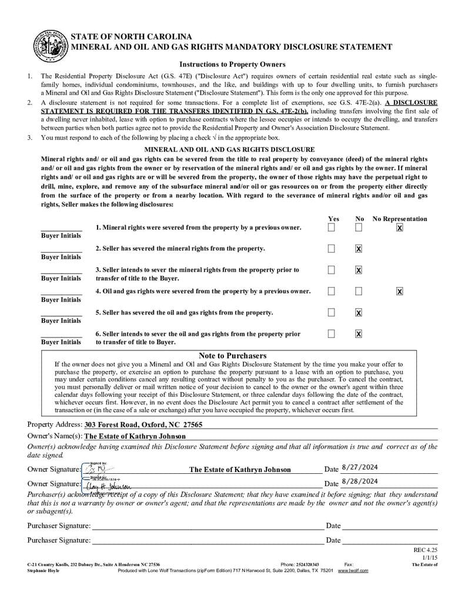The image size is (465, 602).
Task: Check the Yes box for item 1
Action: [332, 228]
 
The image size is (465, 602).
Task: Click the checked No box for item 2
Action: [359, 249]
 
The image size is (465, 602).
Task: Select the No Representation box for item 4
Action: [400, 291]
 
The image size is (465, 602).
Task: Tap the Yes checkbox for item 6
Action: [332, 334]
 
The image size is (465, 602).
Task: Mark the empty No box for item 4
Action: [359, 291]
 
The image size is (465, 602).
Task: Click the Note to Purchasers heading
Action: [232, 356]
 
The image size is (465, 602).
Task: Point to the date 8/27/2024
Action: [359, 467]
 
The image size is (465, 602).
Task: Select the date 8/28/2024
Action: [359, 481]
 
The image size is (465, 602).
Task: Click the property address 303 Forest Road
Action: [143, 424]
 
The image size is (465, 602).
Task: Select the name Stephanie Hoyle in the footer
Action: [43, 570]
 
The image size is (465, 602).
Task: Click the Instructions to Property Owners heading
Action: [232, 65]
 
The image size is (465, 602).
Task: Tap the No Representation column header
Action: [400, 219]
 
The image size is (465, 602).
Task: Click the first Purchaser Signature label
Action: [59, 526]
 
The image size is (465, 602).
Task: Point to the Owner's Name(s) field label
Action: [55, 436]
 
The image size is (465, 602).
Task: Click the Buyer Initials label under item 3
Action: [61, 278]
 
